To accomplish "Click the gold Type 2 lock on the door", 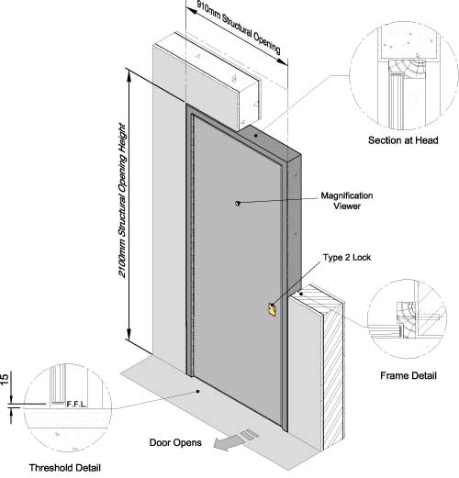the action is click(x=272, y=310).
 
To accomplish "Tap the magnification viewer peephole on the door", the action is click(x=238, y=203).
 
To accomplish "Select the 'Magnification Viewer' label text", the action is click(x=347, y=201).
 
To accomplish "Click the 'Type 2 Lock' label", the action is click(x=347, y=258).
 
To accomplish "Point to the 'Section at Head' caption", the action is click(x=403, y=140).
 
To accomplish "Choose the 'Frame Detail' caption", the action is click(x=409, y=375).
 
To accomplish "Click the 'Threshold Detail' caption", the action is click(x=65, y=468).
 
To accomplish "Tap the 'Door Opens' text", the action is click(x=175, y=442).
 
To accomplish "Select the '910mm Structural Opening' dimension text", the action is click(x=239, y=28).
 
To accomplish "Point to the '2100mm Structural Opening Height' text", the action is click(x=122, y=200).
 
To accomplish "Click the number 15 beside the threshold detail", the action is click(x=5, y=379).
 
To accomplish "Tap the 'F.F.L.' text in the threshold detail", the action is click(x=76, y=405).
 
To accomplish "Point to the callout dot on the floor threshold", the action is click(x=198, y=391).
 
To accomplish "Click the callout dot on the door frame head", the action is click(x=255, y=135).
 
